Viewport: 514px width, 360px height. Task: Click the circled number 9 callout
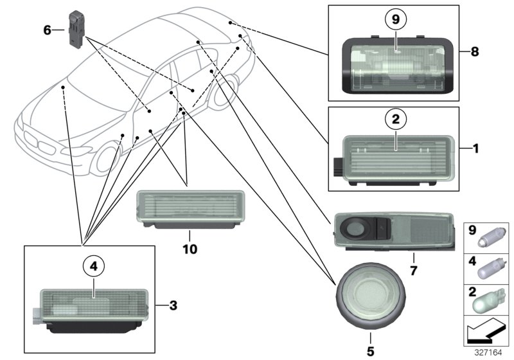[x=396, y=20]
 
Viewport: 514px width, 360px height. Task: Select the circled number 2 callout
[x=396, y=119]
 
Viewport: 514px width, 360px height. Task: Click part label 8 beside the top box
[x=474, y=52]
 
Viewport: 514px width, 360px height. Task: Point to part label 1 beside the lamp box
[x=475, y=148]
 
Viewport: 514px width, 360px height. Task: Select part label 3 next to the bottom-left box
[x=173, y=305]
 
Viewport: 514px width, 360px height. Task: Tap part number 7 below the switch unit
[x=413, y=271]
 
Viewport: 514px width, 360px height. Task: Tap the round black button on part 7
[x=354, y=228]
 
